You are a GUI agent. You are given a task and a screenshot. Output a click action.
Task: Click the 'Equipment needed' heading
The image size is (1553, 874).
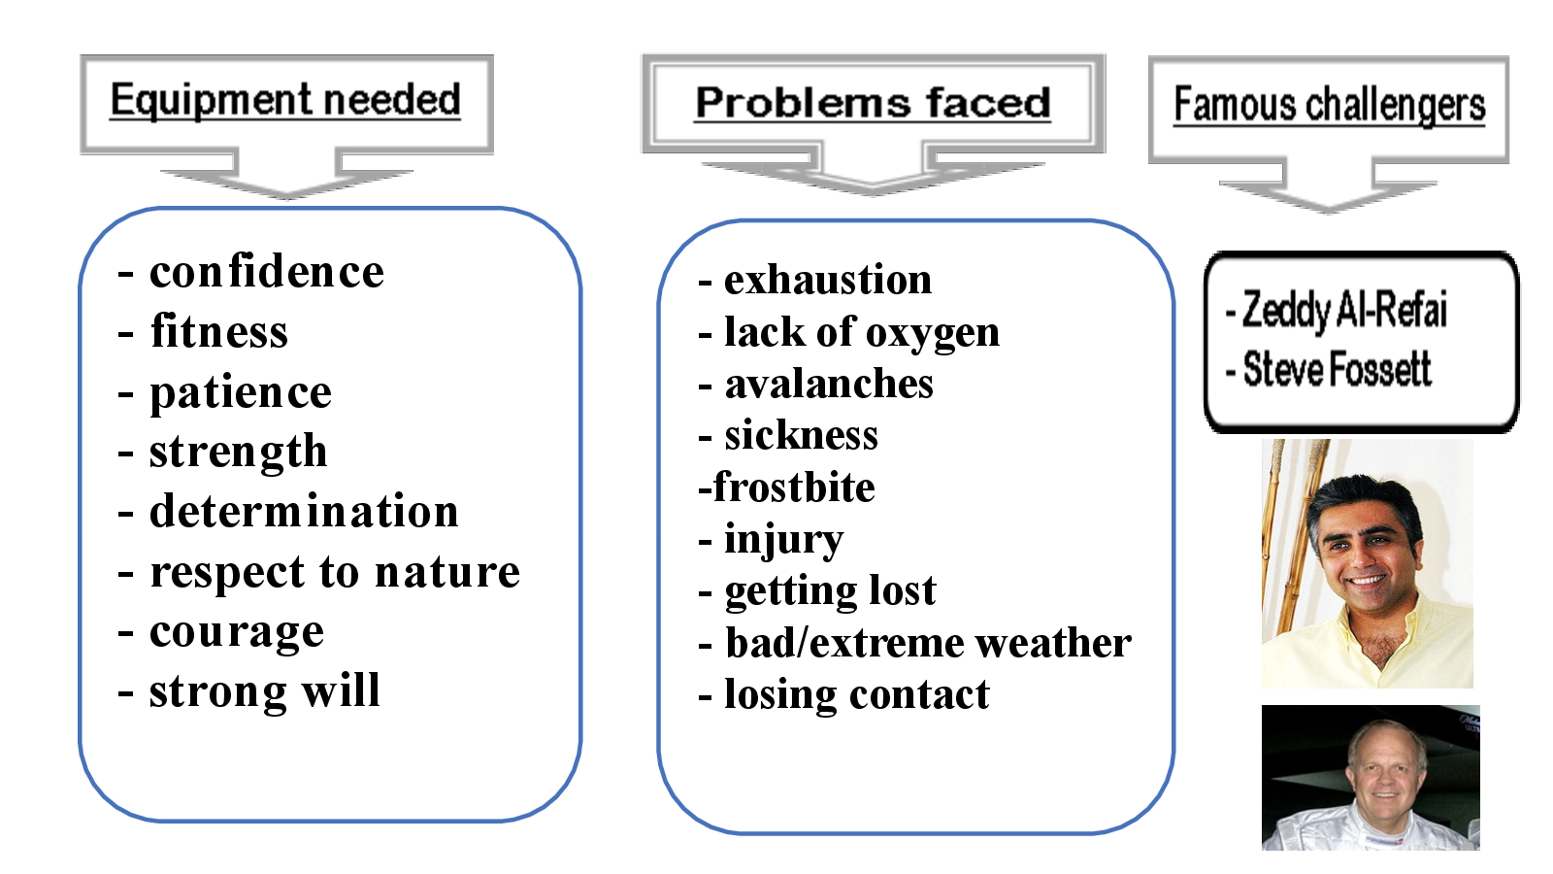coord(284,100)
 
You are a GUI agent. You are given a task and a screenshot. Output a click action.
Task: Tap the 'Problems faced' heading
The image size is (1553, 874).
coord(873,103)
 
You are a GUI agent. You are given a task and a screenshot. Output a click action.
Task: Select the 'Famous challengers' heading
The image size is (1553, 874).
coord(1329,105)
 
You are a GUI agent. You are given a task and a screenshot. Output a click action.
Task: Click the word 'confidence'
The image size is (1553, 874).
coord(266,272)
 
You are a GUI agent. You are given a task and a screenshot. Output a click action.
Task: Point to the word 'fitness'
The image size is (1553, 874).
coord(218,332)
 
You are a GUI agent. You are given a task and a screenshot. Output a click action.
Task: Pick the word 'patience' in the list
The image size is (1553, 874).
coord(240,392)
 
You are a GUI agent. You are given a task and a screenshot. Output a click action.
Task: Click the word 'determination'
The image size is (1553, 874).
coord(303,512)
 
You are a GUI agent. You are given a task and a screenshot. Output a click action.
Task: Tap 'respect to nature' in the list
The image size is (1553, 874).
coord(334,572)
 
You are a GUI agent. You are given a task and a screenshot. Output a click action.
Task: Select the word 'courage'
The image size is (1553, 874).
coord(236,632)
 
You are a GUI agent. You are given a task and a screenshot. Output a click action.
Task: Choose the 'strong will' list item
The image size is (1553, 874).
coord(264,691)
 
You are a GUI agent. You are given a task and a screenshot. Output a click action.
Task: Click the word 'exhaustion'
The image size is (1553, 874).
coord(827,280)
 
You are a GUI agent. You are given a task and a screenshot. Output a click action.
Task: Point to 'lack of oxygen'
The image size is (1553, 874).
coord(861,332)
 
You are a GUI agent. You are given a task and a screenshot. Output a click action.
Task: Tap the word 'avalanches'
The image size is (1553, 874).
coord(828,384)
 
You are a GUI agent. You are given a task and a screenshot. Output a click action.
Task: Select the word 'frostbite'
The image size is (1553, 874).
coord(793,487)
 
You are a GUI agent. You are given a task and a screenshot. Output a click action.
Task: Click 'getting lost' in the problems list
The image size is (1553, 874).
coord(830,590)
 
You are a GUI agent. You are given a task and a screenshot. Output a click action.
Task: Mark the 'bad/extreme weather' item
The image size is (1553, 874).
coord(927,643)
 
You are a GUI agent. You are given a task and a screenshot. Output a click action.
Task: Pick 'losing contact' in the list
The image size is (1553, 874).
coord(856,694)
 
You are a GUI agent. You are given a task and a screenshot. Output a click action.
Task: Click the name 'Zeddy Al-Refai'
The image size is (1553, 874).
coord(1344,310)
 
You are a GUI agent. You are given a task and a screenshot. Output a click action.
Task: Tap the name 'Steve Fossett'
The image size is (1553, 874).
coord(1337,370)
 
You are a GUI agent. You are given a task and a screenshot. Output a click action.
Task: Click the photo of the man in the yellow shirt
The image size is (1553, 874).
coord(1367,563)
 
